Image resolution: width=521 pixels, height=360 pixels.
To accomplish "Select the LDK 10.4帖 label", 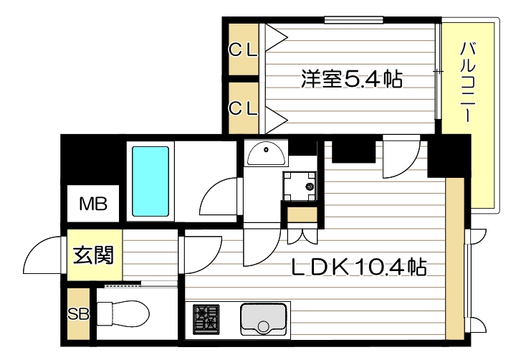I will point(358,268).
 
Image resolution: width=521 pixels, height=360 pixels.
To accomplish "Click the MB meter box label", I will point(93,205).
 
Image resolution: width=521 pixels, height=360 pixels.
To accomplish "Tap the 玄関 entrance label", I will point(94,255).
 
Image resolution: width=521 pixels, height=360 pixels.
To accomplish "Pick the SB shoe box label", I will point(77,314).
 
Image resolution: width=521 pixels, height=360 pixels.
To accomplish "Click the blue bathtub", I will point(150,183).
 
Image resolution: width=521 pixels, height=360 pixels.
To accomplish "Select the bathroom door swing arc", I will point(219,195).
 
